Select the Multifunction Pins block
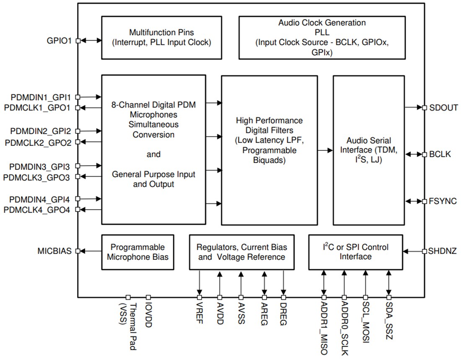tap(161, 38)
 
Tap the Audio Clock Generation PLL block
tap(322, 38)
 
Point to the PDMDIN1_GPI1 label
tap(41, 97)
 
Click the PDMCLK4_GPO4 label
tap(37, 210)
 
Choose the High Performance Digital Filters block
tap(269, 150)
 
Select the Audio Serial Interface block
tap(369, 150)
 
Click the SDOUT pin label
tap(443, 108)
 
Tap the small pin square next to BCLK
tap(424, 154)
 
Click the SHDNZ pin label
tap(443, 251)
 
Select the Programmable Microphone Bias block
tap(138, 252)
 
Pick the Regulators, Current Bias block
tap(242, 252)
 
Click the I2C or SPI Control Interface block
tap(355, 252)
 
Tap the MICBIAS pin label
tap(54, 251)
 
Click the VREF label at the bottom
tap(199, 313)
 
